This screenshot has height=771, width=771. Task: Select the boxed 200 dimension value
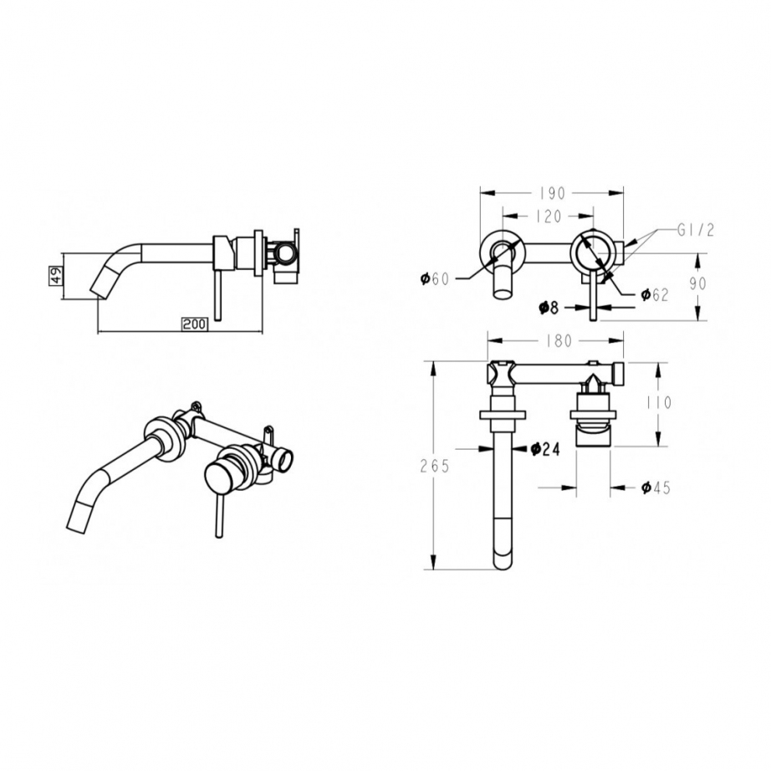(195, 324)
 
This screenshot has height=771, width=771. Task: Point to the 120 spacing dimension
(548, 216)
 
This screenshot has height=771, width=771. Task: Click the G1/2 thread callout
(695, 230)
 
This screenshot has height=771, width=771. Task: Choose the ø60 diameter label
(435, 279)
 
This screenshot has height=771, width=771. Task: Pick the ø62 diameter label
(655, 294)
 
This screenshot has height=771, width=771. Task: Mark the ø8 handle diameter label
(549, 308)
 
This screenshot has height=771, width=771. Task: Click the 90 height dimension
(697, 283)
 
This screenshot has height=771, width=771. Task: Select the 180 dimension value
(559, 340)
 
